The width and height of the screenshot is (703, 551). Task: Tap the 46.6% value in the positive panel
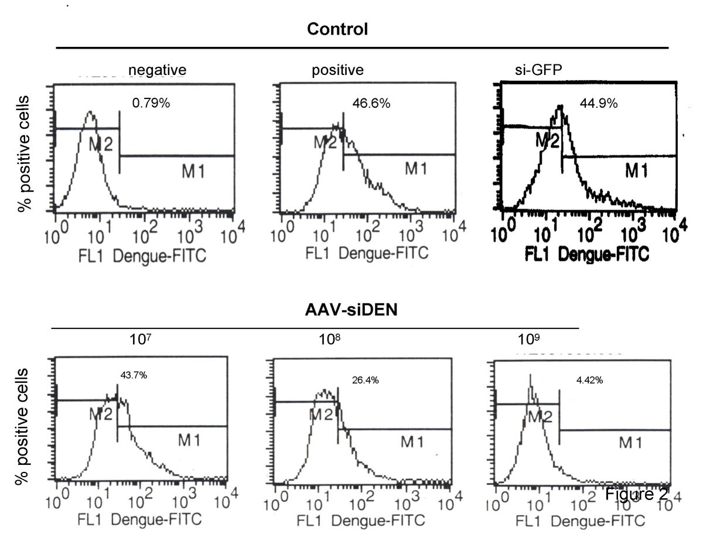pos(371,104)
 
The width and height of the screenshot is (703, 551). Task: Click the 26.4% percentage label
pos(365,380)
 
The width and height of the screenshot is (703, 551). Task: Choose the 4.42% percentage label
pos(589,380)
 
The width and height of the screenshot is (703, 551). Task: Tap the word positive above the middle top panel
pos(337,70)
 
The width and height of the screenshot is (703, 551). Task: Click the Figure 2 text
pos(636,495)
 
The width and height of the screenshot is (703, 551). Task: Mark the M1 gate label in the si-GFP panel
pos(639,171)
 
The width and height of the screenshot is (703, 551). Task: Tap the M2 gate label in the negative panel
pos(100,142)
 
